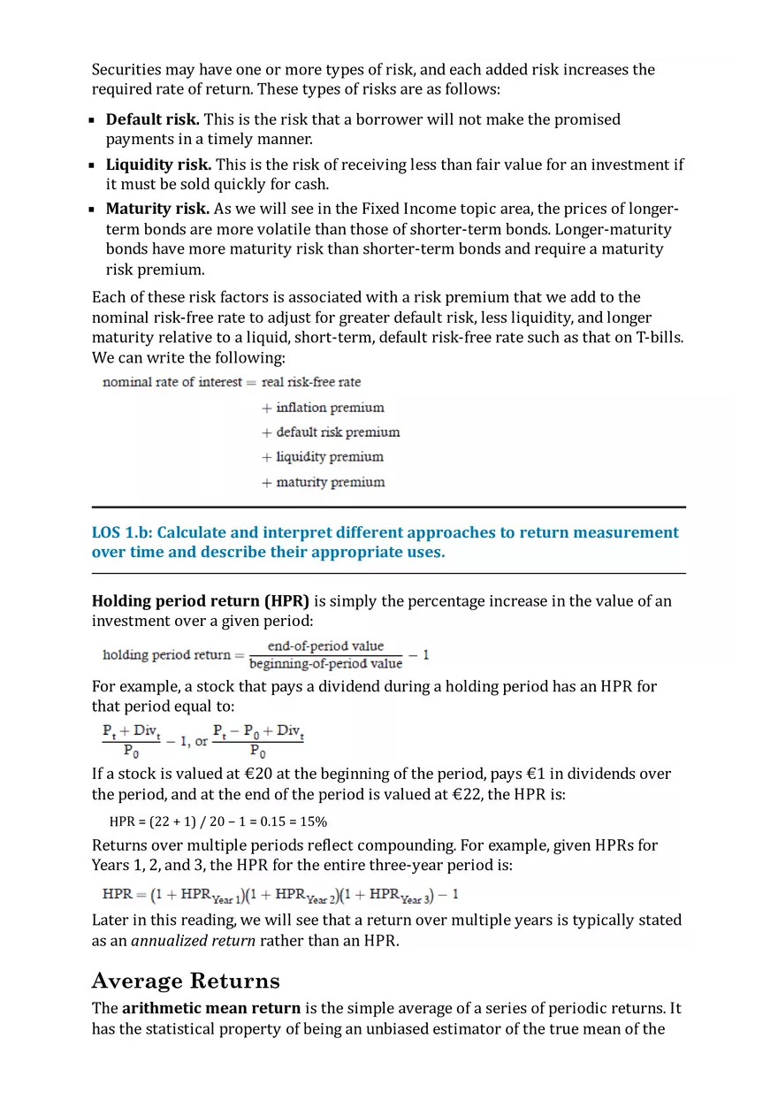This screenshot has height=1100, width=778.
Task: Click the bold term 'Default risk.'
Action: [152, 119]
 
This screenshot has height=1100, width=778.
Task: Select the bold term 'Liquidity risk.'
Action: [158, 164]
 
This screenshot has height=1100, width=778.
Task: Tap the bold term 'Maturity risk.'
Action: [157, 209]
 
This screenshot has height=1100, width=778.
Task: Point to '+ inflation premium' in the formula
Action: [323, 408]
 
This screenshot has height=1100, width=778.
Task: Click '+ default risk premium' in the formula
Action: [331, 432]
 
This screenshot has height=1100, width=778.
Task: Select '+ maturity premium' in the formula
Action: [323, 483]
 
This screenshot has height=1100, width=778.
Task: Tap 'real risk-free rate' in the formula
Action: [311, 382]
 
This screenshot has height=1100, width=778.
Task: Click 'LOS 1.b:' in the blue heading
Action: [122, 532]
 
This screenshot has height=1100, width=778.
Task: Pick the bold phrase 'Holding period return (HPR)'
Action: [201, 601]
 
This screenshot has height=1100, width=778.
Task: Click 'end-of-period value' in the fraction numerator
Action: [325, 646]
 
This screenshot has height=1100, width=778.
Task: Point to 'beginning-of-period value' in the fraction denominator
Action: [325, 664]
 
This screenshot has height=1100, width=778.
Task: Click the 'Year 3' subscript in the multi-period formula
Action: [411, 900]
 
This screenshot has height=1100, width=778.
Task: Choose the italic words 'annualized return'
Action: [193, 940]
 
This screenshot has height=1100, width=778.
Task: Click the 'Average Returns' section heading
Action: [186, 981]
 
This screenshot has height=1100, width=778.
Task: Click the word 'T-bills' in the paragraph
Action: [660, 338]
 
